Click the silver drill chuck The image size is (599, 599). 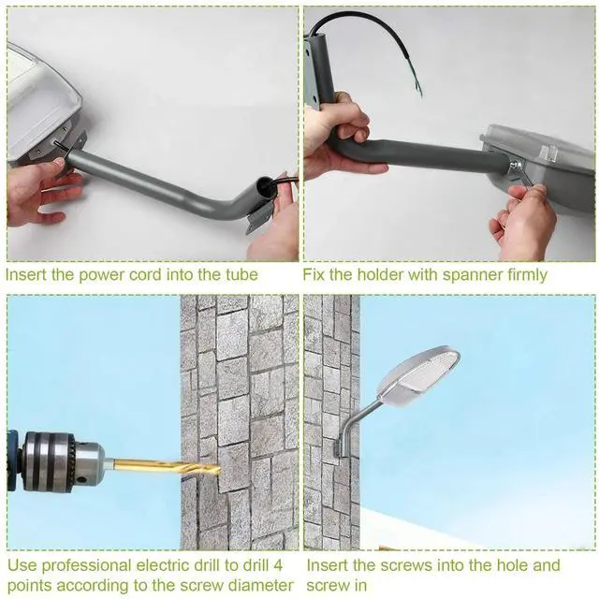coord(66,460)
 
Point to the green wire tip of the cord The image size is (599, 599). coord(417,89)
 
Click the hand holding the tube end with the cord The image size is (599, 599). coord(276,225)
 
